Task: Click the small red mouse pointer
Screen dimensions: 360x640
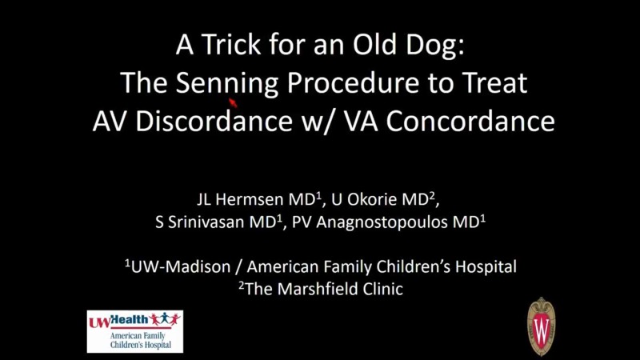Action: [233, 102]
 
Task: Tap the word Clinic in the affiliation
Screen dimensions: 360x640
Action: [379, 289]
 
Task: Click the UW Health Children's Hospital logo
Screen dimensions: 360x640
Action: [134, 331]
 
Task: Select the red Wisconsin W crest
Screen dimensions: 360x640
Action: [541, 326]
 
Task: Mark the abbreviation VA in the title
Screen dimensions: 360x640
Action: [369, 122]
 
